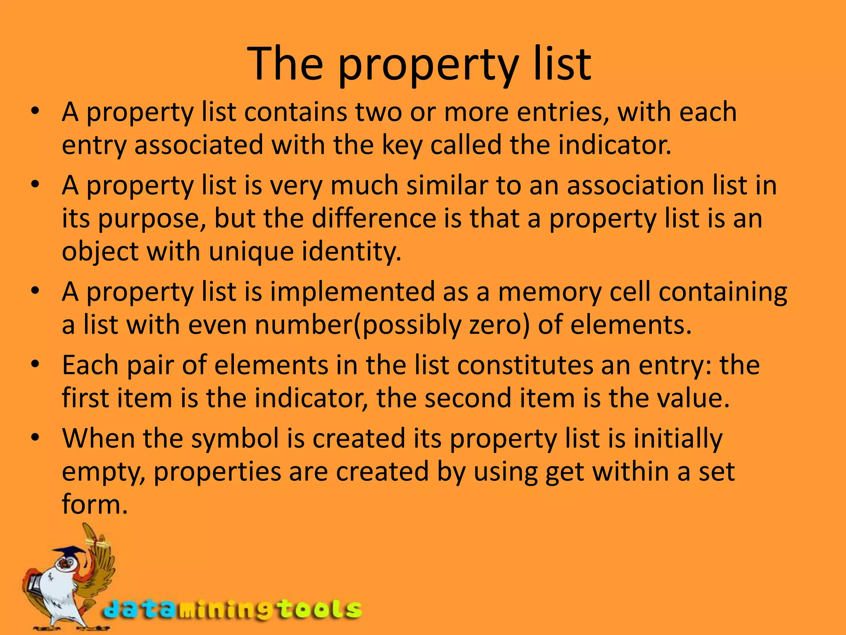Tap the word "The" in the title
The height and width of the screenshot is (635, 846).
tap(285, 64)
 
